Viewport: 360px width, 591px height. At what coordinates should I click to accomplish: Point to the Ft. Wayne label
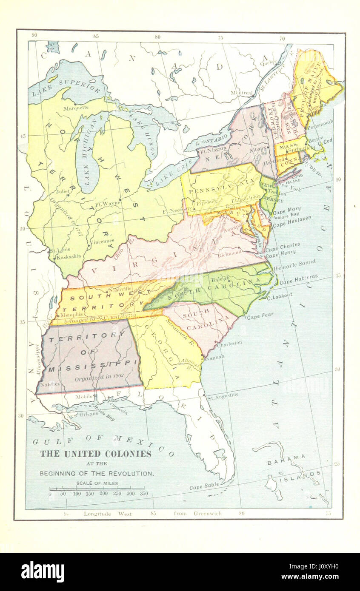click(x=108, y=203)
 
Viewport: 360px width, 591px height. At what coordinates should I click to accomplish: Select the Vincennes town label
click(x=102, y=241)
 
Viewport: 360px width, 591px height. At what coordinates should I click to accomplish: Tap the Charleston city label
click(x=229, y=342)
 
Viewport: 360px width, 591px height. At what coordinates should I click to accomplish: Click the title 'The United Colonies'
click(x=96, y=454)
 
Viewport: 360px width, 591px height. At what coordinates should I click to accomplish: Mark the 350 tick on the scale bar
click(x=144, y=494)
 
